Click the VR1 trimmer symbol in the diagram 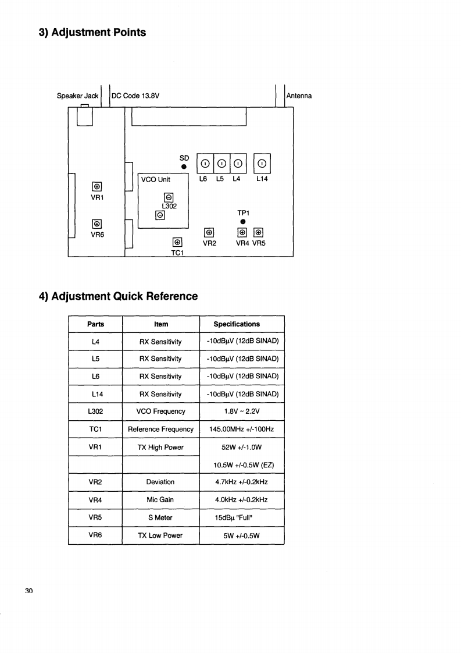tap(97, 187)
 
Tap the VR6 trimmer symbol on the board tap(97, 224)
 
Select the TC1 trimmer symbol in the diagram tap(177, 243)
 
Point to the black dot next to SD tap(184, 166)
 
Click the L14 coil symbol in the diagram tap(262, 163)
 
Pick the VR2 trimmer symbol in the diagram tap(209, 232)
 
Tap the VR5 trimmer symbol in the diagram tap(259, 232)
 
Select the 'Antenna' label tap(299, 95)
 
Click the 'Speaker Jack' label tap(77, 95)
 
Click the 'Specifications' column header tap(237, 324)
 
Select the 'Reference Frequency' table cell tap(160, 429)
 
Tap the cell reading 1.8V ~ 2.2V tap(242, 411)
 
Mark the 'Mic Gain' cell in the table tap(160, 499)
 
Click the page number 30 tap(29, 591)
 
